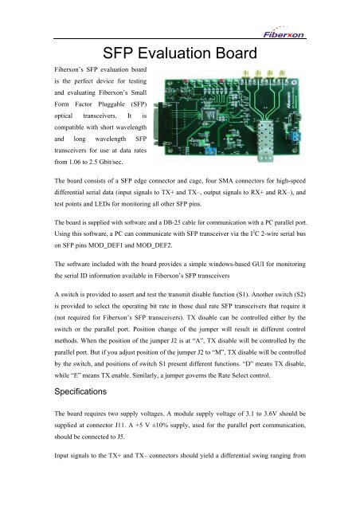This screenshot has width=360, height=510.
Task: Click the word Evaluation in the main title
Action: (x=171, y=55)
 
